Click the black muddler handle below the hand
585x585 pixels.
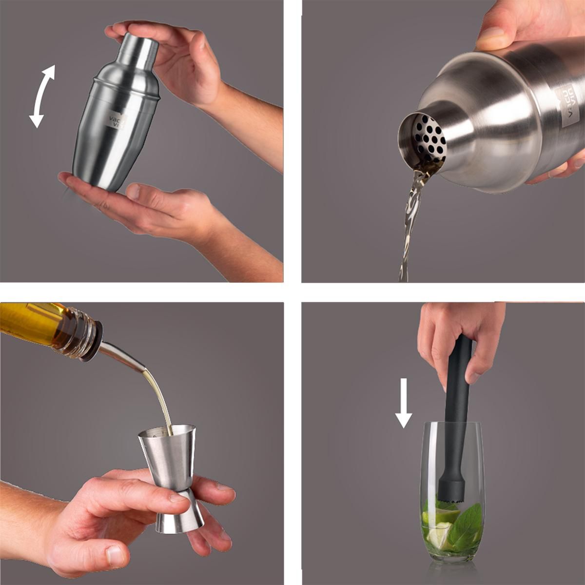(458, 390)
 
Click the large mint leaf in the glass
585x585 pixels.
(466, 524)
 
